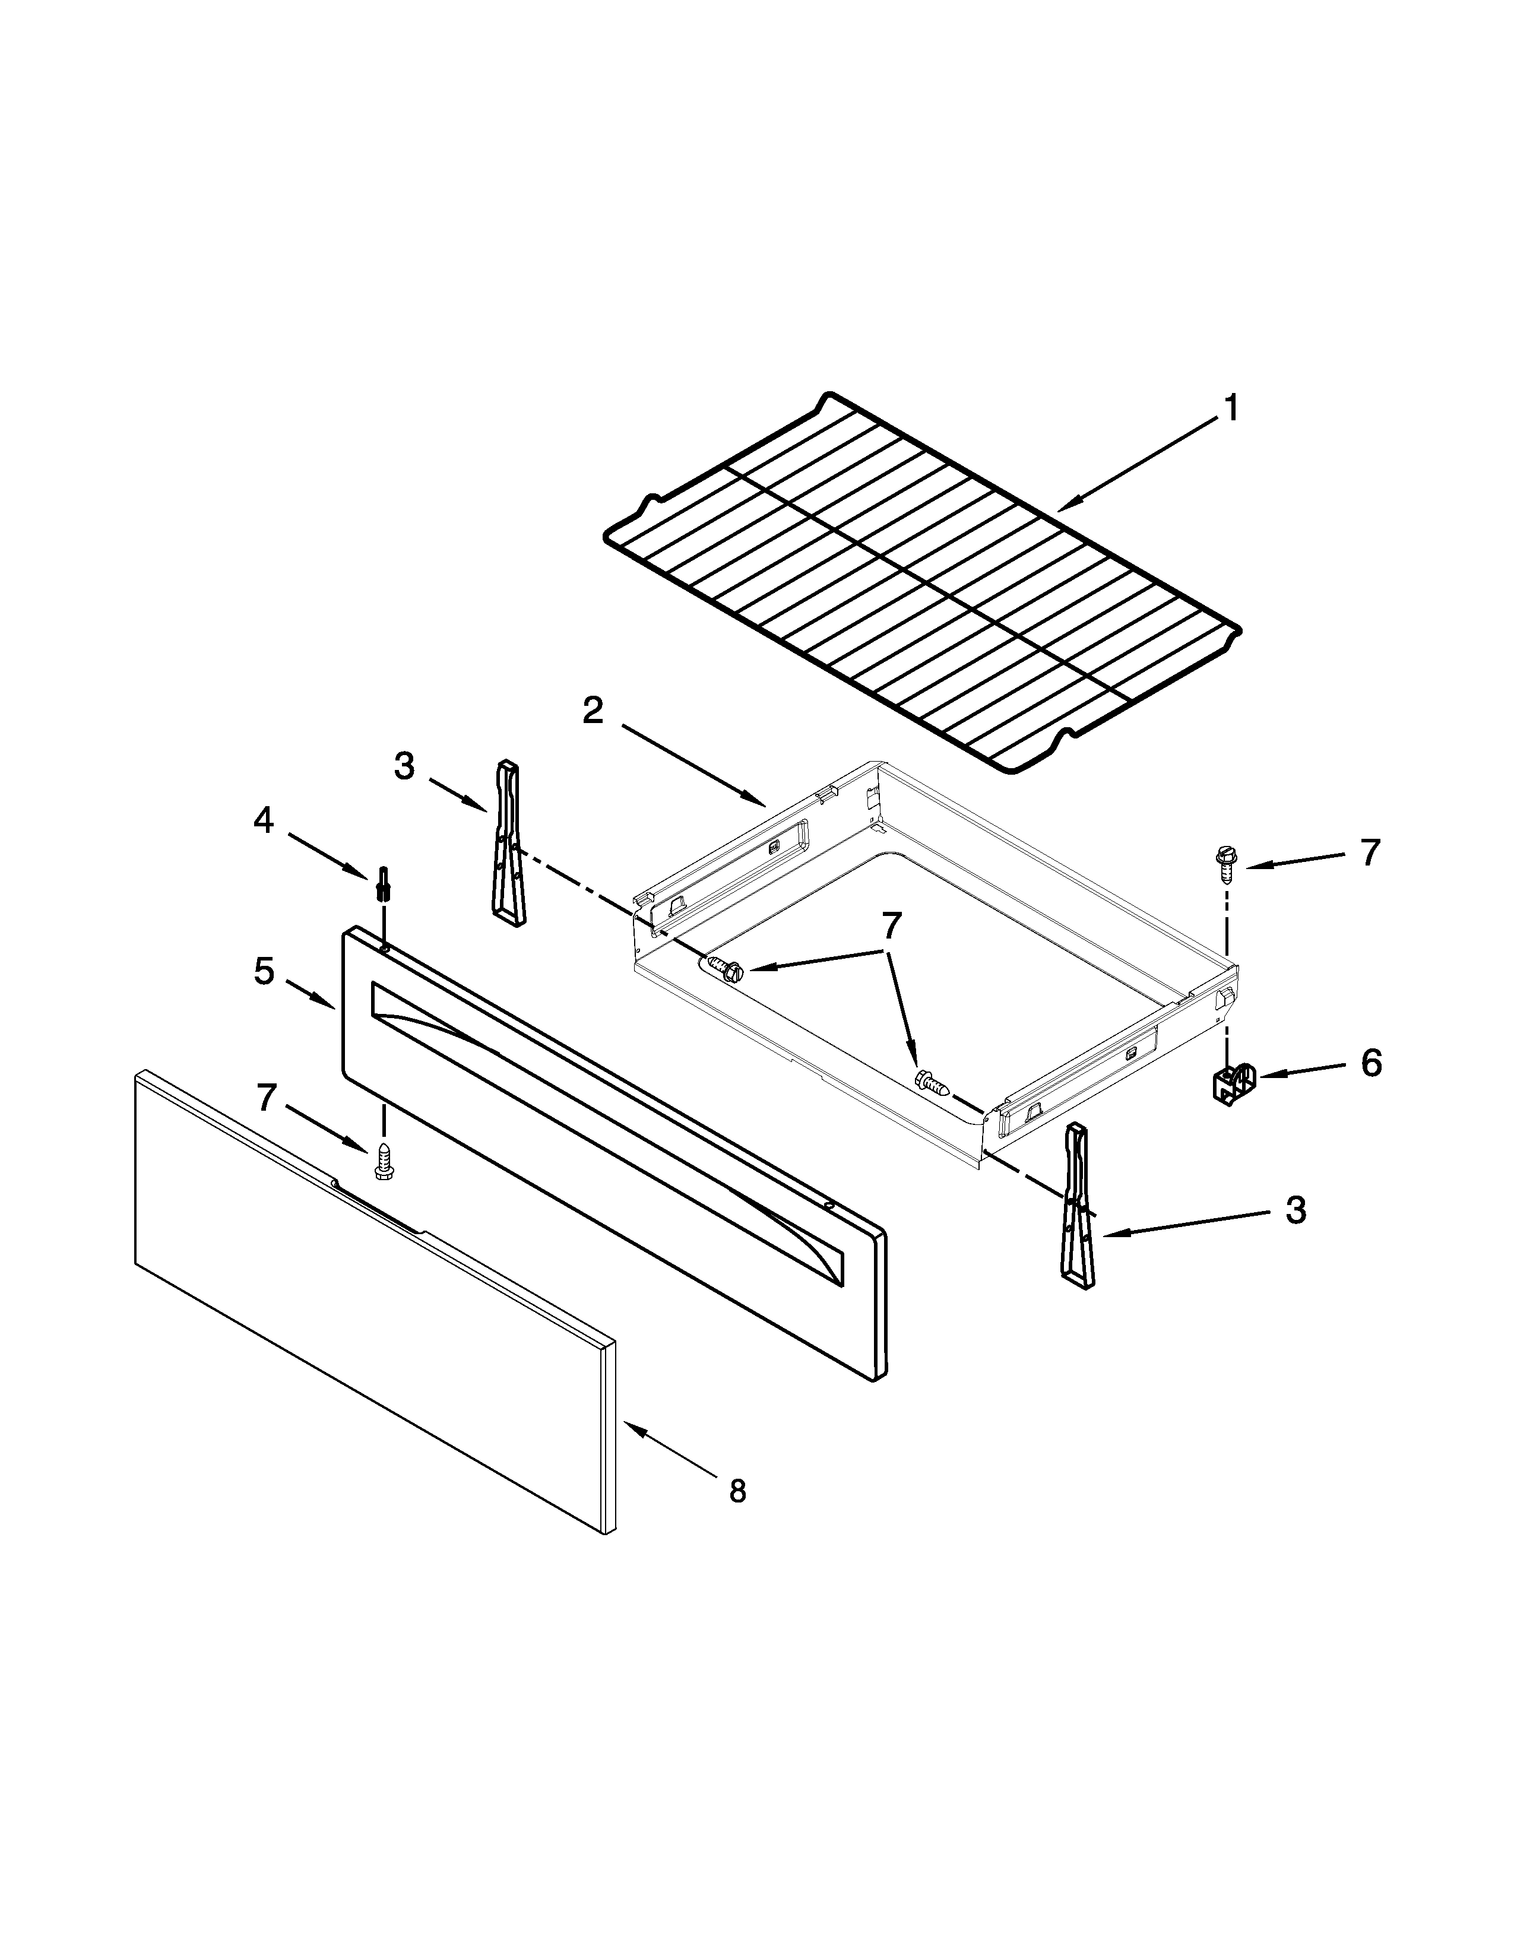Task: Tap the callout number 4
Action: click(263, 820)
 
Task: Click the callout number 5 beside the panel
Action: click(263, 971)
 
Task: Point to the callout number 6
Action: click(1370, 1064)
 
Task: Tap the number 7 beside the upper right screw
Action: click(1369, 853)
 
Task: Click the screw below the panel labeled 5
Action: click(384, 1162)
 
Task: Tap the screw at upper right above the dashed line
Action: click(1224, 858)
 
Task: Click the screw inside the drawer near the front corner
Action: click(930, 1083)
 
